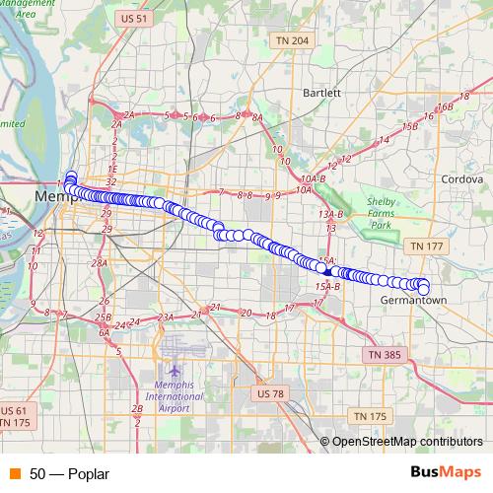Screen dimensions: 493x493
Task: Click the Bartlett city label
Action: [x=322, y=93]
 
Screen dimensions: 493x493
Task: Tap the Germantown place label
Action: [x=408, y=299]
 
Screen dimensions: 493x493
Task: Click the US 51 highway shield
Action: [x=130, y=18]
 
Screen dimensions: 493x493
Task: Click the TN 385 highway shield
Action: [x=386, y=353]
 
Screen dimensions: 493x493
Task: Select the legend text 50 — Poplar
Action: [x=69, y=473]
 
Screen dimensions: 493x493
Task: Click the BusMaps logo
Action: [x=446, y=472]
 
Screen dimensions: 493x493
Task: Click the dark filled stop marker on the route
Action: [x=325, y=268]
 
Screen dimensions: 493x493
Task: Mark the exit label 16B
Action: [x=446, y=106]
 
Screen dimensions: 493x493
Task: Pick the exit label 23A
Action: [x=165, y=317]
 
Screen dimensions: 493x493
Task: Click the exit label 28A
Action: [x=98, y=263]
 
